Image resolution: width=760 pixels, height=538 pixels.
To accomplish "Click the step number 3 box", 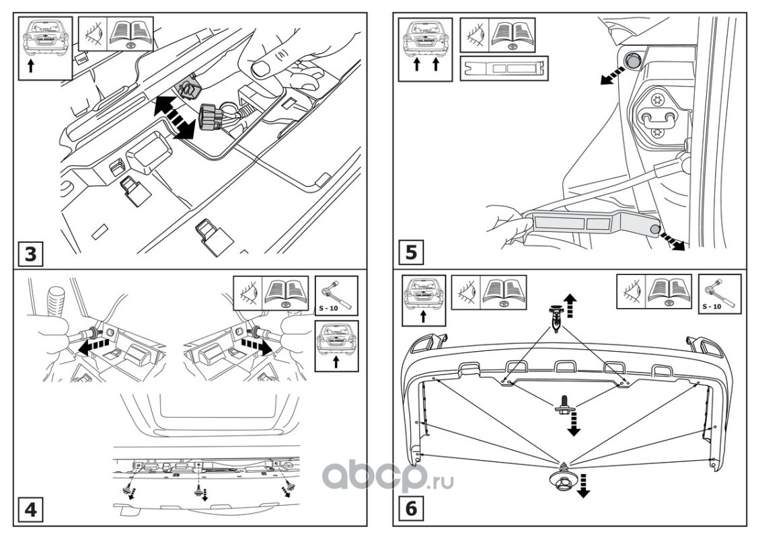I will click(31, 255).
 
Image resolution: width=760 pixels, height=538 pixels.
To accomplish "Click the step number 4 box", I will click(31, 509).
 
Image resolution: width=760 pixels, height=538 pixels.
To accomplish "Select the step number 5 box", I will click(412, 254).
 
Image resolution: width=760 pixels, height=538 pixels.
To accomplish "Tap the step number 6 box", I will click(412, 509).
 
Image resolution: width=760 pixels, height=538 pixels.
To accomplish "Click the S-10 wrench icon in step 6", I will click(720, 295).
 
